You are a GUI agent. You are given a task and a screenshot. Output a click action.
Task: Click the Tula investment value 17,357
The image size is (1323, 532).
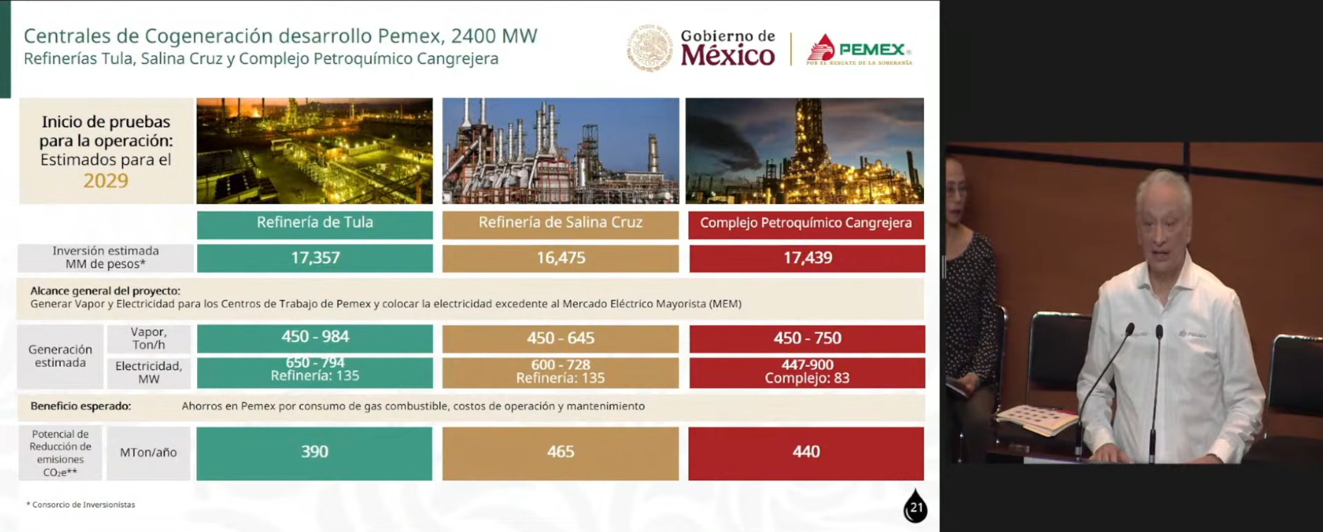(x=315, y=258)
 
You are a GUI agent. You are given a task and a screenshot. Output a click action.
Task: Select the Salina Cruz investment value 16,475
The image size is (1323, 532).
(x=561, y=258)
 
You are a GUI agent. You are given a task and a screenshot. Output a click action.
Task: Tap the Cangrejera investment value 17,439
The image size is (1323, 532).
(x=808, y=258)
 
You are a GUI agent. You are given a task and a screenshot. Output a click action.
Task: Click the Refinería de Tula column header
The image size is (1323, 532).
(x=315, y=222)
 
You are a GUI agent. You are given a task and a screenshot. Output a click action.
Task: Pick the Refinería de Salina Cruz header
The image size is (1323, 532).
(x=560, y=222)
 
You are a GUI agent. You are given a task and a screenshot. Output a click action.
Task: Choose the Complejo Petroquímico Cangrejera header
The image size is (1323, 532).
(x=806, y=223)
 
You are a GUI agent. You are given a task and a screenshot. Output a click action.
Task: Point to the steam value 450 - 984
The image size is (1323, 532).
(x=315, y=336)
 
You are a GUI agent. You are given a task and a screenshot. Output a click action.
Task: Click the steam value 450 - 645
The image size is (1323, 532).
(x=561, y=338)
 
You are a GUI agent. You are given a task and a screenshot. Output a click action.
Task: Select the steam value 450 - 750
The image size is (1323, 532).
(x=808, y=338)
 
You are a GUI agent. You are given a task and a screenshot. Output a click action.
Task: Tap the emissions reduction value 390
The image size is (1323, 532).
(x=314, y=451)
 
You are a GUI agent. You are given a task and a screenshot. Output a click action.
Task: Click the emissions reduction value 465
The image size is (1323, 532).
(x=560, y=451)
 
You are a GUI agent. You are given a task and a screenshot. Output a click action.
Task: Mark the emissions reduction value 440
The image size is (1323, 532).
(x=806, y=451)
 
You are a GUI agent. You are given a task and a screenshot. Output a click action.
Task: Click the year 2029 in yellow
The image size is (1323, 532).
(x=106, y=181)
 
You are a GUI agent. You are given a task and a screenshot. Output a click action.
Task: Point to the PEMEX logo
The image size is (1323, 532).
(x=859, y=49)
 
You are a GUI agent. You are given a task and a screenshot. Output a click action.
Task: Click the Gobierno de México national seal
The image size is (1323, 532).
(x=650, y=47)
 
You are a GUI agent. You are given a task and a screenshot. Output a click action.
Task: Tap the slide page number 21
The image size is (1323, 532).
(x=916, y=507)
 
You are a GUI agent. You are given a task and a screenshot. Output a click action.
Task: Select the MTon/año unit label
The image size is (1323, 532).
(x=148, y=452)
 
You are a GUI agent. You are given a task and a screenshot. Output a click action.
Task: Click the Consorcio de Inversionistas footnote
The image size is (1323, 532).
(x=81, y=505)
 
